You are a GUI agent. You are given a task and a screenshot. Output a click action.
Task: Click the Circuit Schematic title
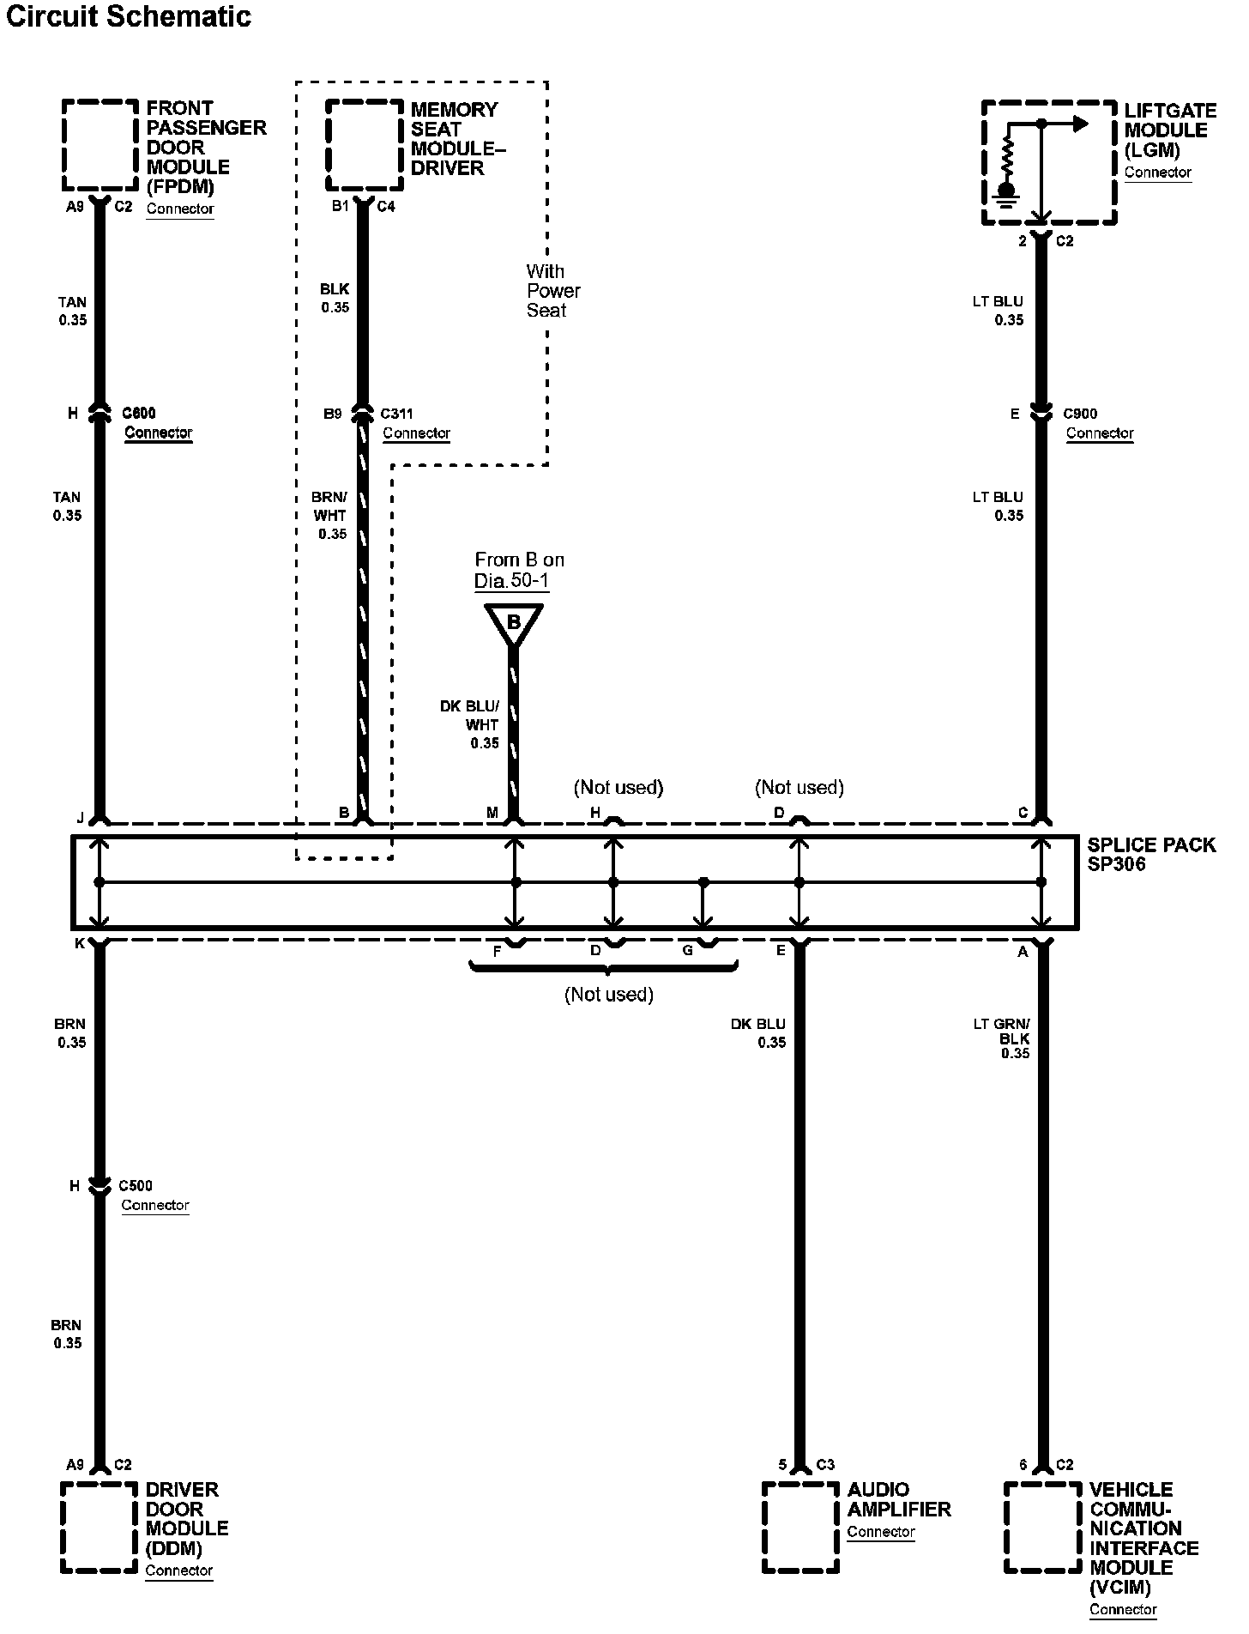click(x=129, y=16)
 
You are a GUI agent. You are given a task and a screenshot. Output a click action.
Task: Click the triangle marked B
click(x=513, y=622)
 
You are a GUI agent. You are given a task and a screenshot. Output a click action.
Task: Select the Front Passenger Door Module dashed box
click(x=100, y=145)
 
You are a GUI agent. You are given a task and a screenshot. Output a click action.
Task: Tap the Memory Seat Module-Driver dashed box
click(x=365, y=145)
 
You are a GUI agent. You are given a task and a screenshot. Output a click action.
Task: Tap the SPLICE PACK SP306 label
click(x=1150, y=854)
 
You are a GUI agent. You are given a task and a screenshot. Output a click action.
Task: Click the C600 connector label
click(x=139, y=414)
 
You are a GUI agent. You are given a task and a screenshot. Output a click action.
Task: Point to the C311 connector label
click(x=396, y=414)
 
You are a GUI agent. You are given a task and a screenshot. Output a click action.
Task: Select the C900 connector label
click(x=1080, y=414)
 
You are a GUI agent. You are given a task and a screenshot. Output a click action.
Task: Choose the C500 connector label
click(x=136, y=1186)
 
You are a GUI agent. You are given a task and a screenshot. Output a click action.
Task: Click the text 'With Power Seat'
click(x=552, y=291)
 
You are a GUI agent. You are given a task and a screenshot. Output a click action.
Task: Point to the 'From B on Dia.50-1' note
click(x=518, y=571)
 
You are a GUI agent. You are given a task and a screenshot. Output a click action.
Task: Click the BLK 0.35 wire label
click(x=335, y=298)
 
